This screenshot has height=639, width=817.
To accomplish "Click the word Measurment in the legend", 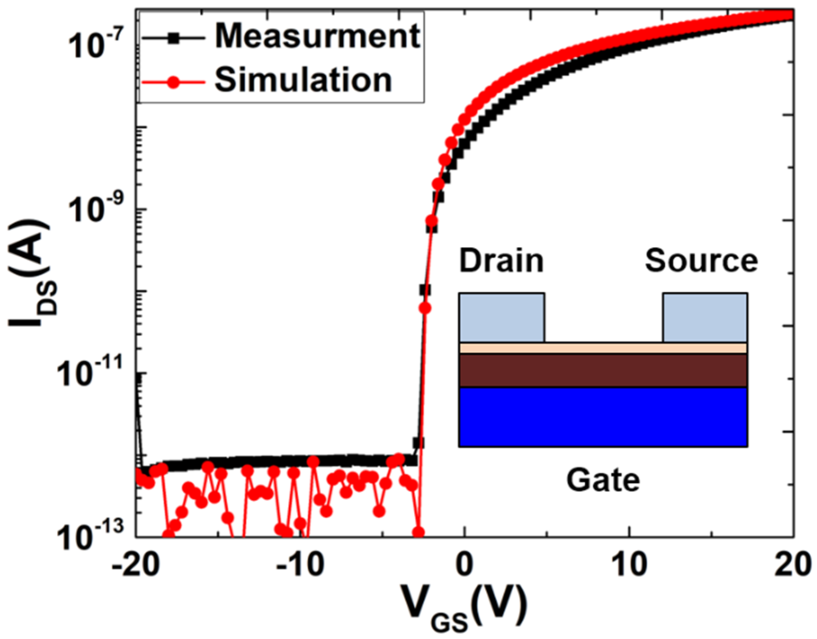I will (317, 36).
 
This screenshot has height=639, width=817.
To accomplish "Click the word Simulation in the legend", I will (303, 80).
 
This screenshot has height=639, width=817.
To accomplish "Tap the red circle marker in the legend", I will (173, 82).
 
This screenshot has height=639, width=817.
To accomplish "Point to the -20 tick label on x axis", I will (136, 564).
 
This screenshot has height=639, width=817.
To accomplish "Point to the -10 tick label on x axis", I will (300, 564).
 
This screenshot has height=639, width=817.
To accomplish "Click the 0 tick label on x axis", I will (464, 564).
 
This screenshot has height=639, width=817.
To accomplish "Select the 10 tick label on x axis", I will (629, 564).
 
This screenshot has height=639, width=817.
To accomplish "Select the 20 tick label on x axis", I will (793, 564).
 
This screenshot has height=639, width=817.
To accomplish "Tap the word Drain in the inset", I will (502, 261).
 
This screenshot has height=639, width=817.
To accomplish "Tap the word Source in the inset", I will (701, 261).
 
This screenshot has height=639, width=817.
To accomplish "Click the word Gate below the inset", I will (603, 481).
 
